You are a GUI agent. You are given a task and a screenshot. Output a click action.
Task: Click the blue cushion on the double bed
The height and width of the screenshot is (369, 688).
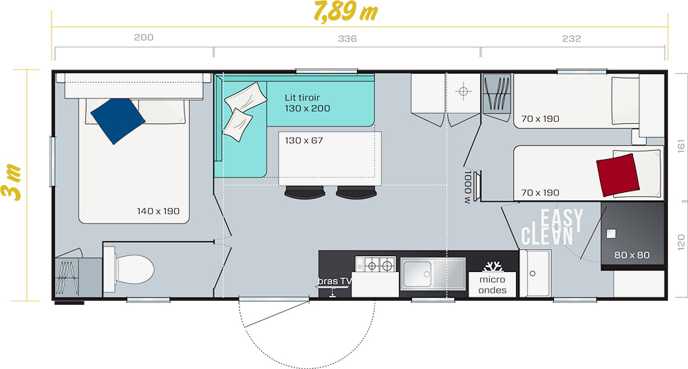point(118,120)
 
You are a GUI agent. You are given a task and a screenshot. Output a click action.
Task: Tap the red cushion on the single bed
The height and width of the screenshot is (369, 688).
point(617,175)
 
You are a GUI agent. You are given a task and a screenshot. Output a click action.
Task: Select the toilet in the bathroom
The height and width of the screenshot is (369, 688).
point(130,268)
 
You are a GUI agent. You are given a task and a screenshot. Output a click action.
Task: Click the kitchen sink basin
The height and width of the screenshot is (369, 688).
point(417,274)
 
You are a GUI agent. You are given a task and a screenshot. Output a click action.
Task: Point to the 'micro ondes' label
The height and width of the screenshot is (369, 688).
point(493,284)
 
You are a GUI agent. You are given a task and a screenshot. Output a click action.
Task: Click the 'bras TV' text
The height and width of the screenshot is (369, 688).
point(335,281)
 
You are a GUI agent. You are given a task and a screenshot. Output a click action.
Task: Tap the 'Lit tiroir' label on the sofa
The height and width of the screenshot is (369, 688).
point(302,98)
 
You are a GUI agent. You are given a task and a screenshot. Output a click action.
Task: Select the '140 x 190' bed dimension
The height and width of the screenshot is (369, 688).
point(158,211)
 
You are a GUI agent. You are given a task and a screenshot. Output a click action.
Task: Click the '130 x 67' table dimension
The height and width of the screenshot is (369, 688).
point(304,140)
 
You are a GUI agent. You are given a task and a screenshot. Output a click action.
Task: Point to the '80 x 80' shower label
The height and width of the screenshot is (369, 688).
point(632,255)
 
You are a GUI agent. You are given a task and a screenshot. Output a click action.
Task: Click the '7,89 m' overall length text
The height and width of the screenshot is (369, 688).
point(346,12)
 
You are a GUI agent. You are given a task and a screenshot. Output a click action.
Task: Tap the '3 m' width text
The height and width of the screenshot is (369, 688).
point(12,182)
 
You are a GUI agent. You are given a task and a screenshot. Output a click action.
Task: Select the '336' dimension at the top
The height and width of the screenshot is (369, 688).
point(347,39)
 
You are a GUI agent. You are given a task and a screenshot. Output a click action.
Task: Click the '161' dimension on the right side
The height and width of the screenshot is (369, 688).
point(681,146)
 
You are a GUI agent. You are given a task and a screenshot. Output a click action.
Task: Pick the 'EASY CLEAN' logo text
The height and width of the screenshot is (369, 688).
point(552,227)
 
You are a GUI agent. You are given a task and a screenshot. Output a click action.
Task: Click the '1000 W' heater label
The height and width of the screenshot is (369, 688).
point(468,187)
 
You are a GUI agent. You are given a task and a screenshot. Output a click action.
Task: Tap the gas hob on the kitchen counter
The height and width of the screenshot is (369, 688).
point(376,265)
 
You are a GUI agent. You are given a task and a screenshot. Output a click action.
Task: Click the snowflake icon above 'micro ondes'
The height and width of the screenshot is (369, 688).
point(493,266)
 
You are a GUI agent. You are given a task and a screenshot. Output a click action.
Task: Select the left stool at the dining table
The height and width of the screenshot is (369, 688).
point(305,192)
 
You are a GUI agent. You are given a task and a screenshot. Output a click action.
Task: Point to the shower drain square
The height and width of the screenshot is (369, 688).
point(611,233)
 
